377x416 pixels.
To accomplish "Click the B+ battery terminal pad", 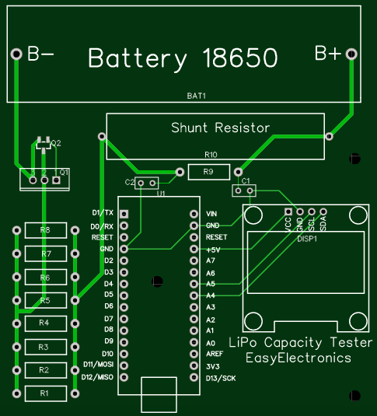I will click(351, 54).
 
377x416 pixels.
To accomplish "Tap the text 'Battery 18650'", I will click(183, 58).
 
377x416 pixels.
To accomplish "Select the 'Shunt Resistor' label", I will click(220, 127).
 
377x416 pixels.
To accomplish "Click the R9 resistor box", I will click(208, 171).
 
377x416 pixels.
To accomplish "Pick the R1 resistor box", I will click(44, 393).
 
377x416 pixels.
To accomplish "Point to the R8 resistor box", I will click(44, 230).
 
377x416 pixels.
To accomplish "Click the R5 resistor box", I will click(44, 300).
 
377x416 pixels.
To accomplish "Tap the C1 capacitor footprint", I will click(245, 190).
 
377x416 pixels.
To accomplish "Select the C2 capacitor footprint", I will click(145, 184).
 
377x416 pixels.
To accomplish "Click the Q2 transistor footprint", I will click(43, 144).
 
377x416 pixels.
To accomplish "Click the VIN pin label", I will click(211, 213).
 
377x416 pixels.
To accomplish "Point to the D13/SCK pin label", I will click(221, 378).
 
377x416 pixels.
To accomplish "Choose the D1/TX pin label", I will click(103, 212).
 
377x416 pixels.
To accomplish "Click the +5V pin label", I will click(213, 249).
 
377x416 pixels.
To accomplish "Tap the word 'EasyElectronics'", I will click(298, 358).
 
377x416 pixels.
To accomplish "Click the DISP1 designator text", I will click(309, 239).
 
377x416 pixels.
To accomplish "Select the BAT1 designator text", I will click(196, 96).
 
